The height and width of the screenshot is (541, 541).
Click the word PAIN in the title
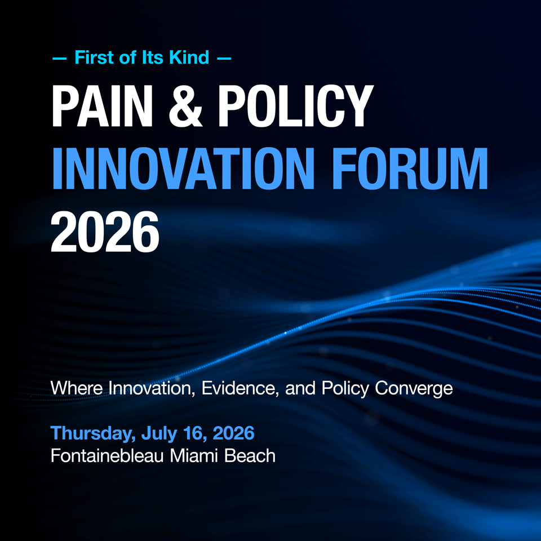pyautogui.click(x=102, y=106)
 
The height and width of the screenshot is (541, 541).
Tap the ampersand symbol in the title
pyautogui.click(x=185, y=106)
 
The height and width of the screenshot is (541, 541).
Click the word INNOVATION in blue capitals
pyautogui.click(x=183, y=168)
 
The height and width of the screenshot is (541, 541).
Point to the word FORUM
pyautogui.click(x=410, y=168)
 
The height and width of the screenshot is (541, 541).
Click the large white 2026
pyautogui.click(x=105, y=232)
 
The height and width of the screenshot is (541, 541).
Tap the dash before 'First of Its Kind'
pyautogui.click(x=59, y=58)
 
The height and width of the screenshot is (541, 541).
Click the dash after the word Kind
pyautogui.click(x=224, y=58)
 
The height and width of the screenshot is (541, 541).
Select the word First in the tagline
pyautogui.click(x=95, y=57)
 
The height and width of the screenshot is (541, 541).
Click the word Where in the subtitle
pyautogui.click(x=77, y=388)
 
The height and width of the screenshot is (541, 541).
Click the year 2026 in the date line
pyautogui.click(x=233, y=433)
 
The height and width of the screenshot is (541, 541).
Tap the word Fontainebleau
pyautogui.click(x=107, y=455)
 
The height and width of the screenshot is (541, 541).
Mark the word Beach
pyautogui.click(x=250, y=455)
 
